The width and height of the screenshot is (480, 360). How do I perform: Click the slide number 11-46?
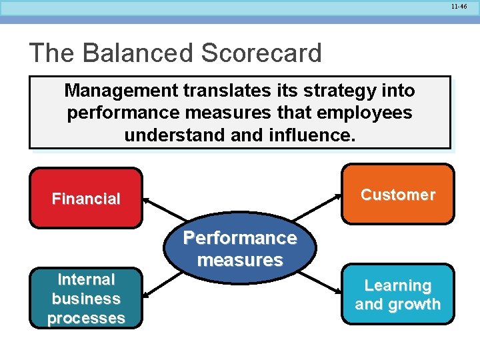(x=459, y=5)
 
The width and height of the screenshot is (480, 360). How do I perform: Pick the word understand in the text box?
(x=167, y=135)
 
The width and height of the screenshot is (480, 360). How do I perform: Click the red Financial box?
(x=86, y=198)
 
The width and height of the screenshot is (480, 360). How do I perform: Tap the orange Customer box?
(x=397, y=194)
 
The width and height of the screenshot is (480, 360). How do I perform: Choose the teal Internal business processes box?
(x=86, y=299)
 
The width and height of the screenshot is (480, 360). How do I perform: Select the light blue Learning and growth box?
(x=397, y=295)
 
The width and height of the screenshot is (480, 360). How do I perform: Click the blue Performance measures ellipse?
(x=240, y=249)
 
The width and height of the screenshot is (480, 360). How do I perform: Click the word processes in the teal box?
(x=86, y=318)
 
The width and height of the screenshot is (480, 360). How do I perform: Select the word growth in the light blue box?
(x=413, y=305)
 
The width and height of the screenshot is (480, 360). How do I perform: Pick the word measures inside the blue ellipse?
(x=240, y=260)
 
